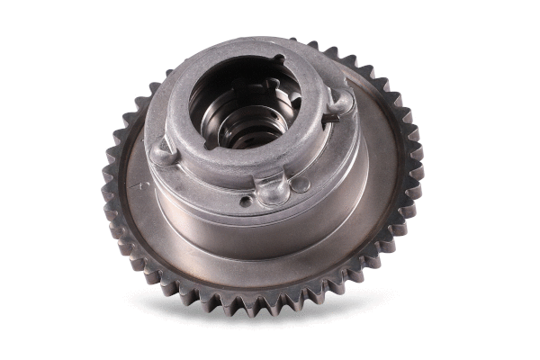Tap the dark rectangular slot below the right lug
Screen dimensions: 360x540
pos(332,121)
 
